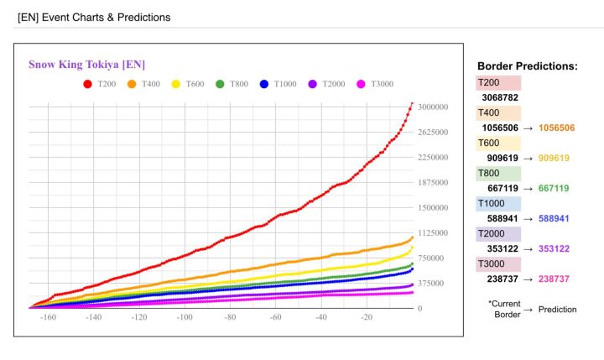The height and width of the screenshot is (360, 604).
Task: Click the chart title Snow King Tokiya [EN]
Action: point(89,65)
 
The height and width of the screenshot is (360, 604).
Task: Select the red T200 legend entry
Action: point(100,84)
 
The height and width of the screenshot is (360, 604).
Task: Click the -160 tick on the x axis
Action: point(48,318)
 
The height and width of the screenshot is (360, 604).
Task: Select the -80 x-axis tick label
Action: point(230,318)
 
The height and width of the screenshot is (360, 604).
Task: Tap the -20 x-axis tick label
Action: point(366,318)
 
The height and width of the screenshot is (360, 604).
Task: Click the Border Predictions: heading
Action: point(527,65)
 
